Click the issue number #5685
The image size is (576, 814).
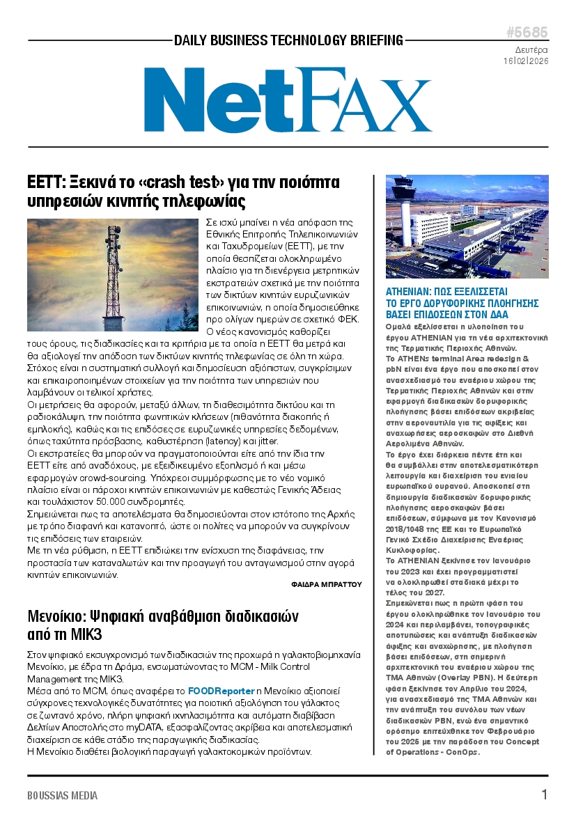tap(527, 33)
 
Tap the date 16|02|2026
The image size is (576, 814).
tap(526, 61)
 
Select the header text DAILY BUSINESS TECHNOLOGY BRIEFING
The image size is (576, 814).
tap(288, 40)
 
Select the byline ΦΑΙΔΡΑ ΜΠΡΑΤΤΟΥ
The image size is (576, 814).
tap(327, 585)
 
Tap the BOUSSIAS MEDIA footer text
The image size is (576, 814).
tap(63, 795)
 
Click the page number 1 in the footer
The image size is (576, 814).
tap(544, 795)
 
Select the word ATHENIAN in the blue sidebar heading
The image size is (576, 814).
tap(411, 292)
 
